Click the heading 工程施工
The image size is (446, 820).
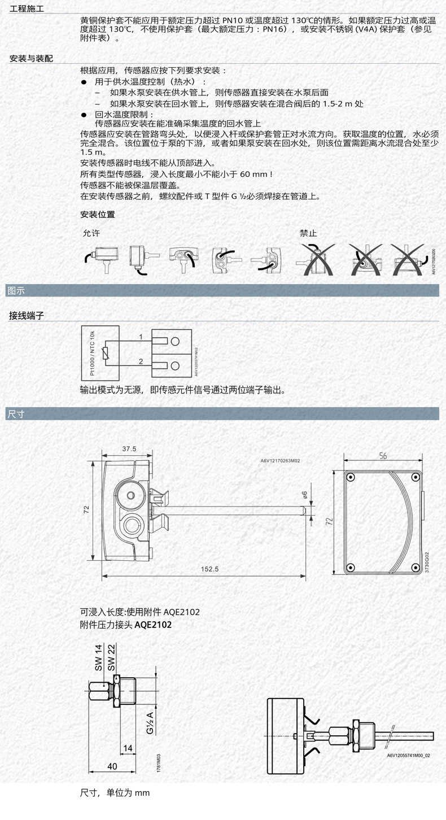coord(27,10)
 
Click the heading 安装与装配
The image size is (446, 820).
coord(31,58)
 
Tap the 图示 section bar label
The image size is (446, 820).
coord(16,291)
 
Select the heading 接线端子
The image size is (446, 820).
coord(27,315)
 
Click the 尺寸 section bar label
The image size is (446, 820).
coord(16,413)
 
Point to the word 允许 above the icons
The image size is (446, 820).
coord(91,233)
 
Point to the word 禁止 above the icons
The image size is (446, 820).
coord(308,233)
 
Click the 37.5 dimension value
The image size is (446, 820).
coord(129,449)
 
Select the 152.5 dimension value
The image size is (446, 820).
coord(209,569)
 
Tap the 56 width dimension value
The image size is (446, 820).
coord(383,456)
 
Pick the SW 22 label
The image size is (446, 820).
coord(111,657)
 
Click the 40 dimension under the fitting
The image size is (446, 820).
coord(112,766)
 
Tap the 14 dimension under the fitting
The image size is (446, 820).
coord(128,748)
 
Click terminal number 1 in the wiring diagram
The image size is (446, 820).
coord(141,337)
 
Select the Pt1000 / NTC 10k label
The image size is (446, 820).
coord(92,353)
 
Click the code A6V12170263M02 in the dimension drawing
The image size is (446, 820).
coord(280,461)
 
